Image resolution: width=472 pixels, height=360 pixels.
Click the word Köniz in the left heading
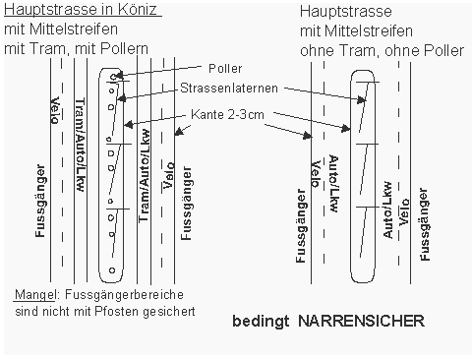[x=139, y=10]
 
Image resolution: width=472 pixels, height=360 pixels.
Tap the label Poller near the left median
[x=225, y=68]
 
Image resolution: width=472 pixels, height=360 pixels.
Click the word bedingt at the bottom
[x=261, y=321]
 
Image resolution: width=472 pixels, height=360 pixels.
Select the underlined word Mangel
[x=32, y=295]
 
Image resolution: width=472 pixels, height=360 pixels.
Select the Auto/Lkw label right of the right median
[x=388, y=210]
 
